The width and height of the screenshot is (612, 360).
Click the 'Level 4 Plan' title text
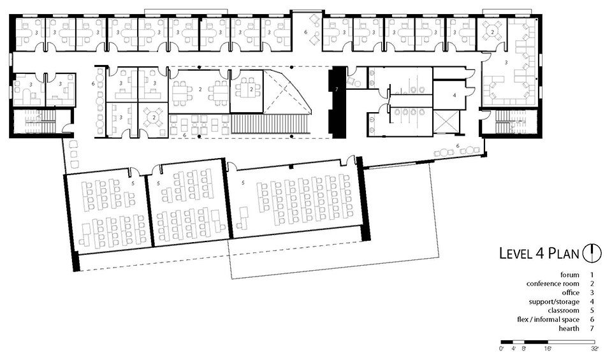click(539, 254)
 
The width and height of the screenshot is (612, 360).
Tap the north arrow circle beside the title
click(592, 253)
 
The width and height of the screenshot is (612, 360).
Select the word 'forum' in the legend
click(569, 275)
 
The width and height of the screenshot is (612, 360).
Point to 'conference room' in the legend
click(553, 284)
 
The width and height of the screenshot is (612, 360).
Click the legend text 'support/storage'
click(554, 302)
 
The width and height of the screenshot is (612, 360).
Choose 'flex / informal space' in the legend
click(548, 319)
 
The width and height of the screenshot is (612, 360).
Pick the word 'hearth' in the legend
click(569, 328)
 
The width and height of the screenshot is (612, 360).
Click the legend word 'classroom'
click(563, 311)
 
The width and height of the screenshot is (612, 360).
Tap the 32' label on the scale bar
click(594, 349)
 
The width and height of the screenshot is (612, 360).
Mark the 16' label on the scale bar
click(548, 349)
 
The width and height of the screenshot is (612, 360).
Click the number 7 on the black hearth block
click(337, 89)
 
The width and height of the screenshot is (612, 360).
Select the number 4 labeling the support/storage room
click(455, 95)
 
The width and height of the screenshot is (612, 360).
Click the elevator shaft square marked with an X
click(446, 122)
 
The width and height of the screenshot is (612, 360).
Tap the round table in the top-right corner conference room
click(493, 32)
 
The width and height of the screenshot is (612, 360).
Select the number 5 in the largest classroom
click(243, 182)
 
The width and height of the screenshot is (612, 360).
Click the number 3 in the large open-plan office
click(506, 62)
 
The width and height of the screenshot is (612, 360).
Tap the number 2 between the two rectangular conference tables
click(200, 89)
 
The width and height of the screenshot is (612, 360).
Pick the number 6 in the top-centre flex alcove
click(306, 32)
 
